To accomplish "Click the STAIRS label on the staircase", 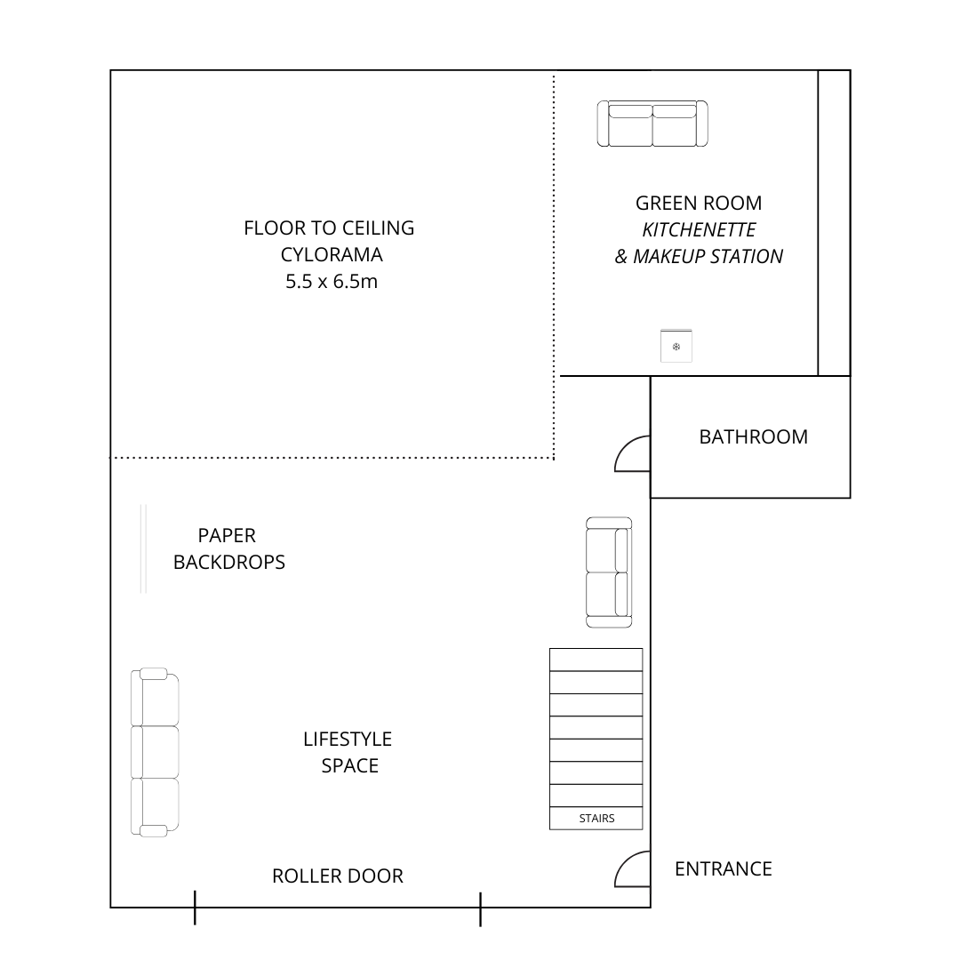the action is (596, 818).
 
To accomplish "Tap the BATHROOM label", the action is (753, 436).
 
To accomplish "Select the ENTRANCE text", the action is (723, 868).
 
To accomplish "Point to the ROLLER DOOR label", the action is (338, 876).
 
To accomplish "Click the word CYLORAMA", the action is (332, 255).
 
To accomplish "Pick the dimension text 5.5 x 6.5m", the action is (332, 282).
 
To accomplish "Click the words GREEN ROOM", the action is (699, 203).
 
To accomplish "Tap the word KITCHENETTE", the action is (699, 229).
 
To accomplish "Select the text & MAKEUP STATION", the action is (699, 257).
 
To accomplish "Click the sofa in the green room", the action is (652, 124).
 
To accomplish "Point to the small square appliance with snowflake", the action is (676, 346).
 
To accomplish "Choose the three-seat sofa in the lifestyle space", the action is (155, 752).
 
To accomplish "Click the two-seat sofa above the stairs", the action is (609, 572).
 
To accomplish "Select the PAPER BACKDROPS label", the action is (229, 548).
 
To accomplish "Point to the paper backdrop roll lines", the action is (143, 548).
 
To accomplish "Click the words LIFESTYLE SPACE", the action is (348, 753).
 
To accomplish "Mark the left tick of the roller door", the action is (195, 908).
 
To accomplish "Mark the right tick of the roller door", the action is (481, 908).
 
